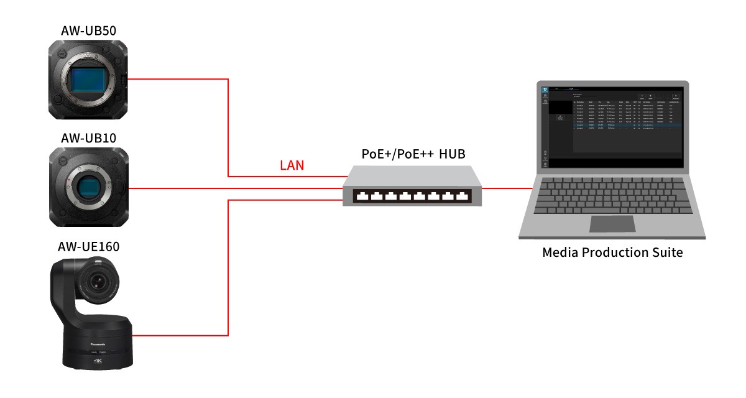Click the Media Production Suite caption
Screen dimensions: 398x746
(x=612, y=253)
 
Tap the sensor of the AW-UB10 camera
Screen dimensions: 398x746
(x=91, y=187)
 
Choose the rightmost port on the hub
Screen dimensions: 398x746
(x=463, y=197)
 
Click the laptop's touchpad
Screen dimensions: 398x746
(x=612, y=223)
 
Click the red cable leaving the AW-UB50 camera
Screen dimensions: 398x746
(x=180, y=79)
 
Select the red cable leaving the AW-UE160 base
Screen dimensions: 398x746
(x=180, y=335)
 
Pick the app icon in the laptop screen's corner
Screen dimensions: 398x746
(x=545, y=89)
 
